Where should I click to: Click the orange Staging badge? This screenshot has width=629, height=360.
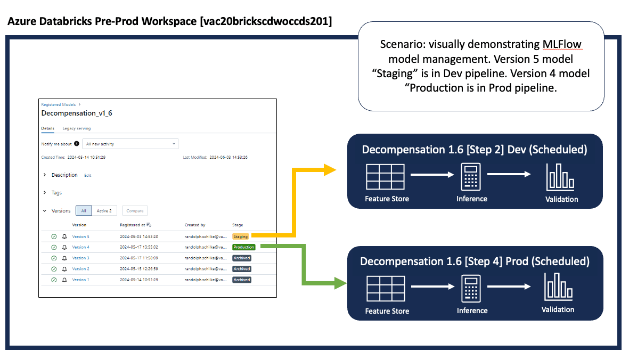(241, 236)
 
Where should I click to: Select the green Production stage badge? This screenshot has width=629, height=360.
(244, 247)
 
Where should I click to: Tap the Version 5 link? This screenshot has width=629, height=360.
(80, 236)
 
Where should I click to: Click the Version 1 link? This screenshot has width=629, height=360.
(80, 280)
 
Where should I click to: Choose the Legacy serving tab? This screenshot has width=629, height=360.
(76, 128)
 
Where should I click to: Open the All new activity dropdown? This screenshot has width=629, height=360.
(130, 144)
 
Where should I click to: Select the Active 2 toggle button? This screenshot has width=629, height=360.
(104, 211)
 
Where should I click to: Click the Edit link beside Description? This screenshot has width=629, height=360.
(88, 175)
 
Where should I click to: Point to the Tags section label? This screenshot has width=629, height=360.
(56, 193)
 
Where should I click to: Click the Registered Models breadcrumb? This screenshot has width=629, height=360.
(58, 105)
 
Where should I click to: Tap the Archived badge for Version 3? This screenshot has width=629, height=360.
(241, 258)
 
